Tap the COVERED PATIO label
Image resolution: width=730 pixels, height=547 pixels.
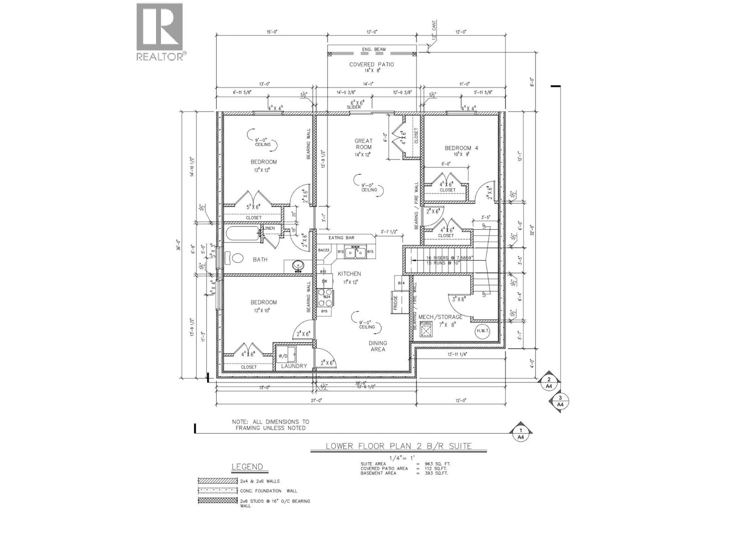pyautogui.click(x=371, y=64)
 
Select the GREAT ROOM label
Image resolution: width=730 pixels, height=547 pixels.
pyautogui.click(x=364, y=144)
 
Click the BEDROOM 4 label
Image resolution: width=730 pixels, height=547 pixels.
pyautogui.click(x=461, y=148)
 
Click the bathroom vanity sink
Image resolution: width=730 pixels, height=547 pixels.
pyautogui.click(x=297, y=265)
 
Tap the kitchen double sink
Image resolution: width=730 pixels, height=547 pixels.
pyautogui.click(x=354, y=251)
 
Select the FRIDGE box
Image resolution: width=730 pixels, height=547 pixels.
pyautogui.click(x=396, y=301)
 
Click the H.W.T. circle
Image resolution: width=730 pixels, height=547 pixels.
pyautogui.click(x=482, y=331)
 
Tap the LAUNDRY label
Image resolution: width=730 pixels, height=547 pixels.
pyautogui.click(x=294, y=366)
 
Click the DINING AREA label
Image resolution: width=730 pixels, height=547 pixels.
pyautogui.click(x=378, y=346)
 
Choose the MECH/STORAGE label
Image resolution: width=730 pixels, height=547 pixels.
pyautogui.click(x=440, y=316)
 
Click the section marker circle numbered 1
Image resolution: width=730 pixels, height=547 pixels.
pyautogui.click(x=521, y=431)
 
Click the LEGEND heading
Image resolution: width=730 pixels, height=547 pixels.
pyautogui.click(x=247, y=467)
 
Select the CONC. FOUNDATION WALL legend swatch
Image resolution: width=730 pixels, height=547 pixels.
pyautogui.click(x=218, y=491)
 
